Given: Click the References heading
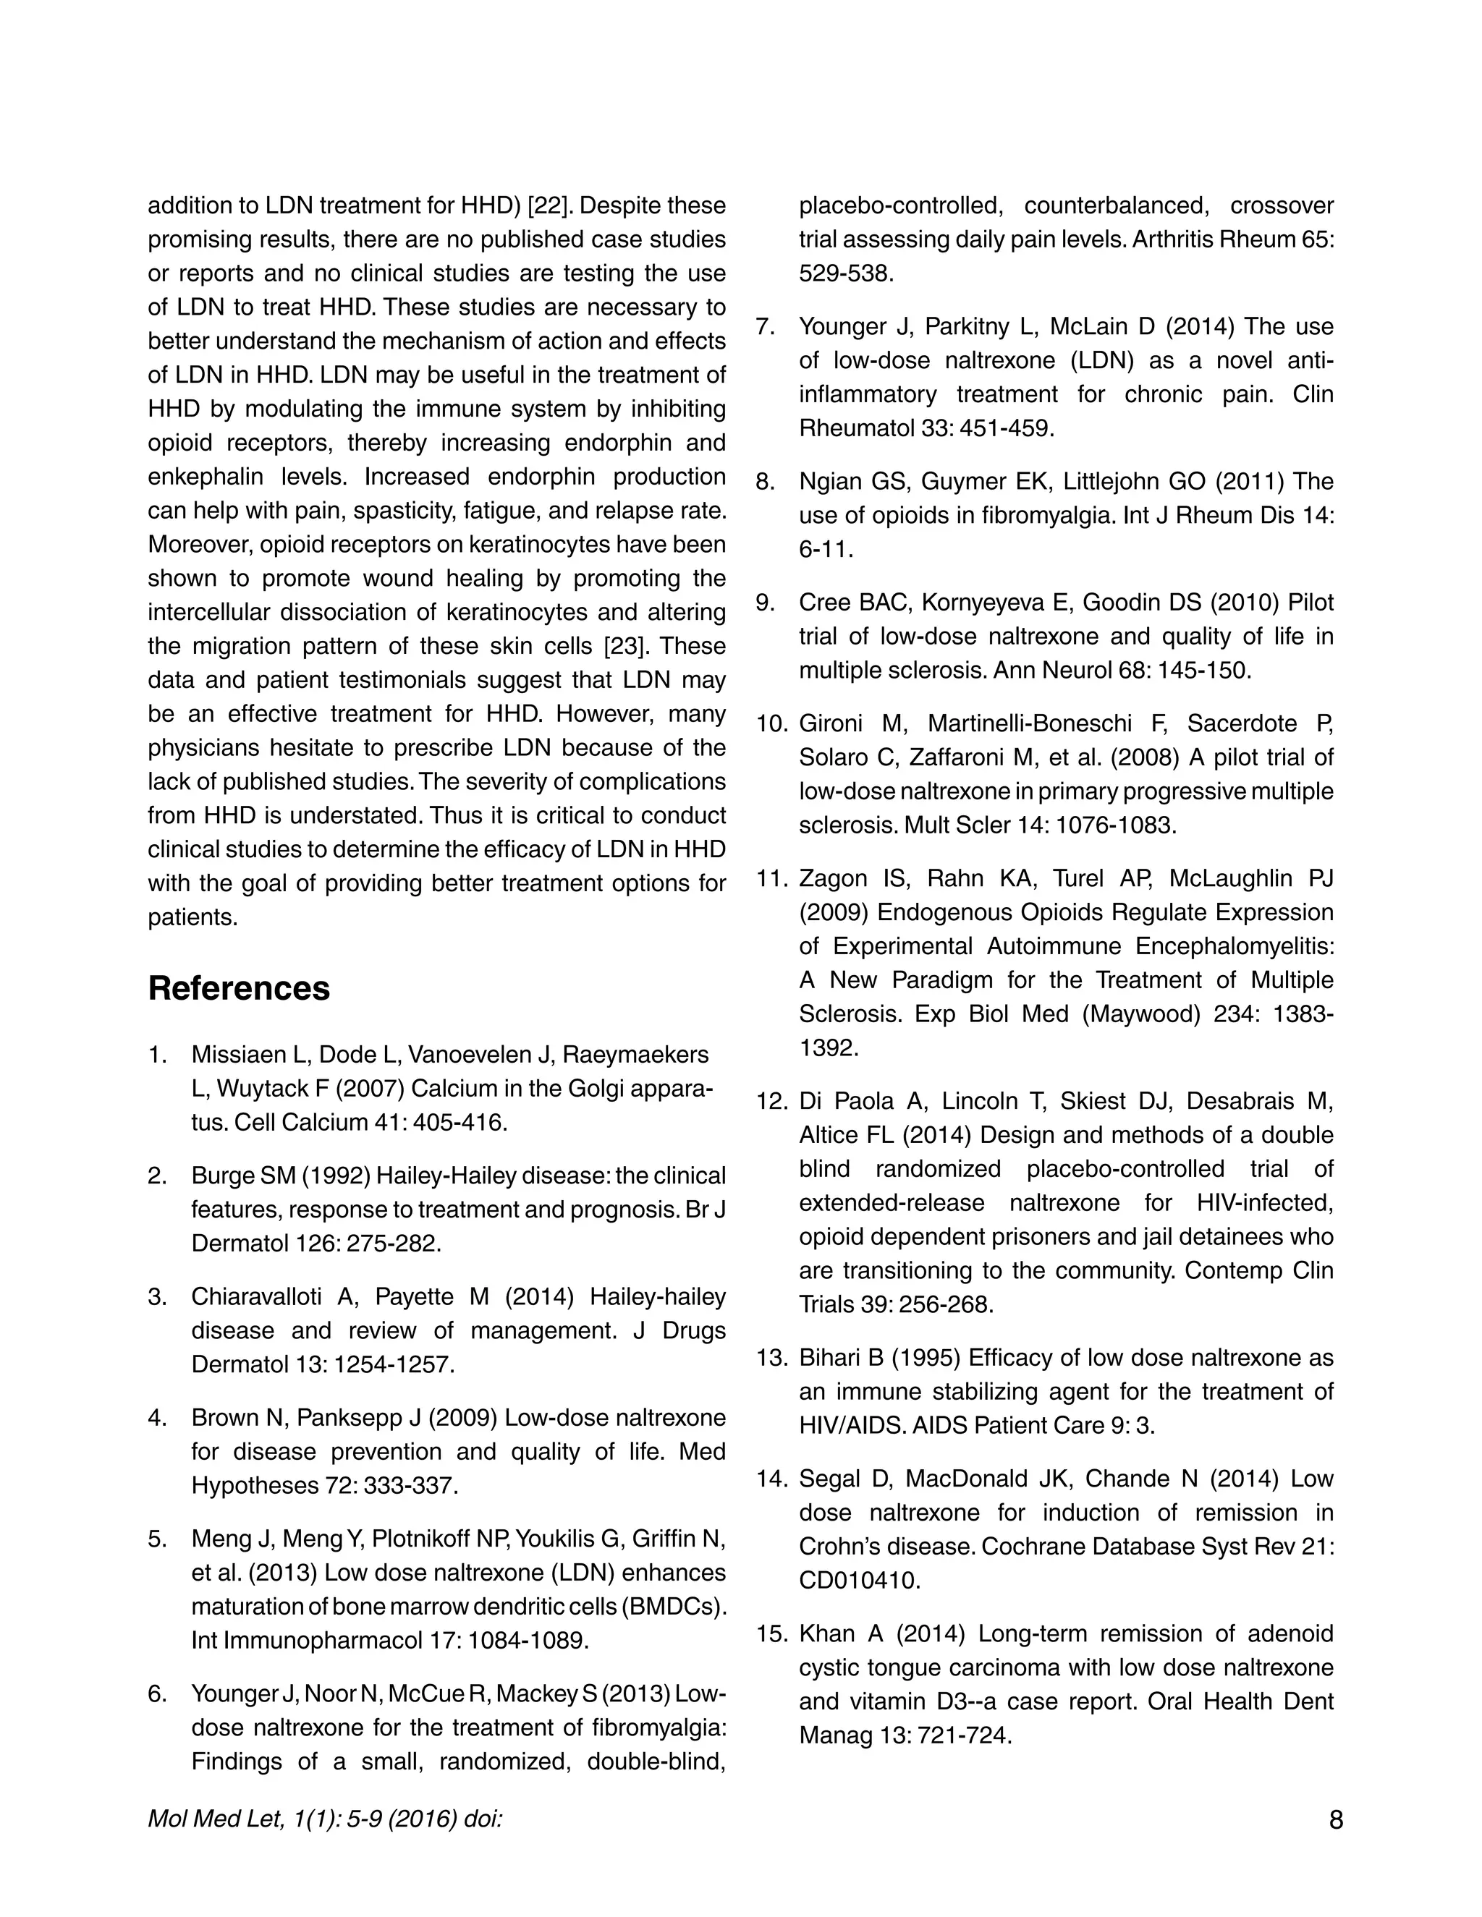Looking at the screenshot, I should [x=239, y=988].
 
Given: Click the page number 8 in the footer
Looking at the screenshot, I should [x=1335, y=1819].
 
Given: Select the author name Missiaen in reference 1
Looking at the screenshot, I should [x=234, y=1054].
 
